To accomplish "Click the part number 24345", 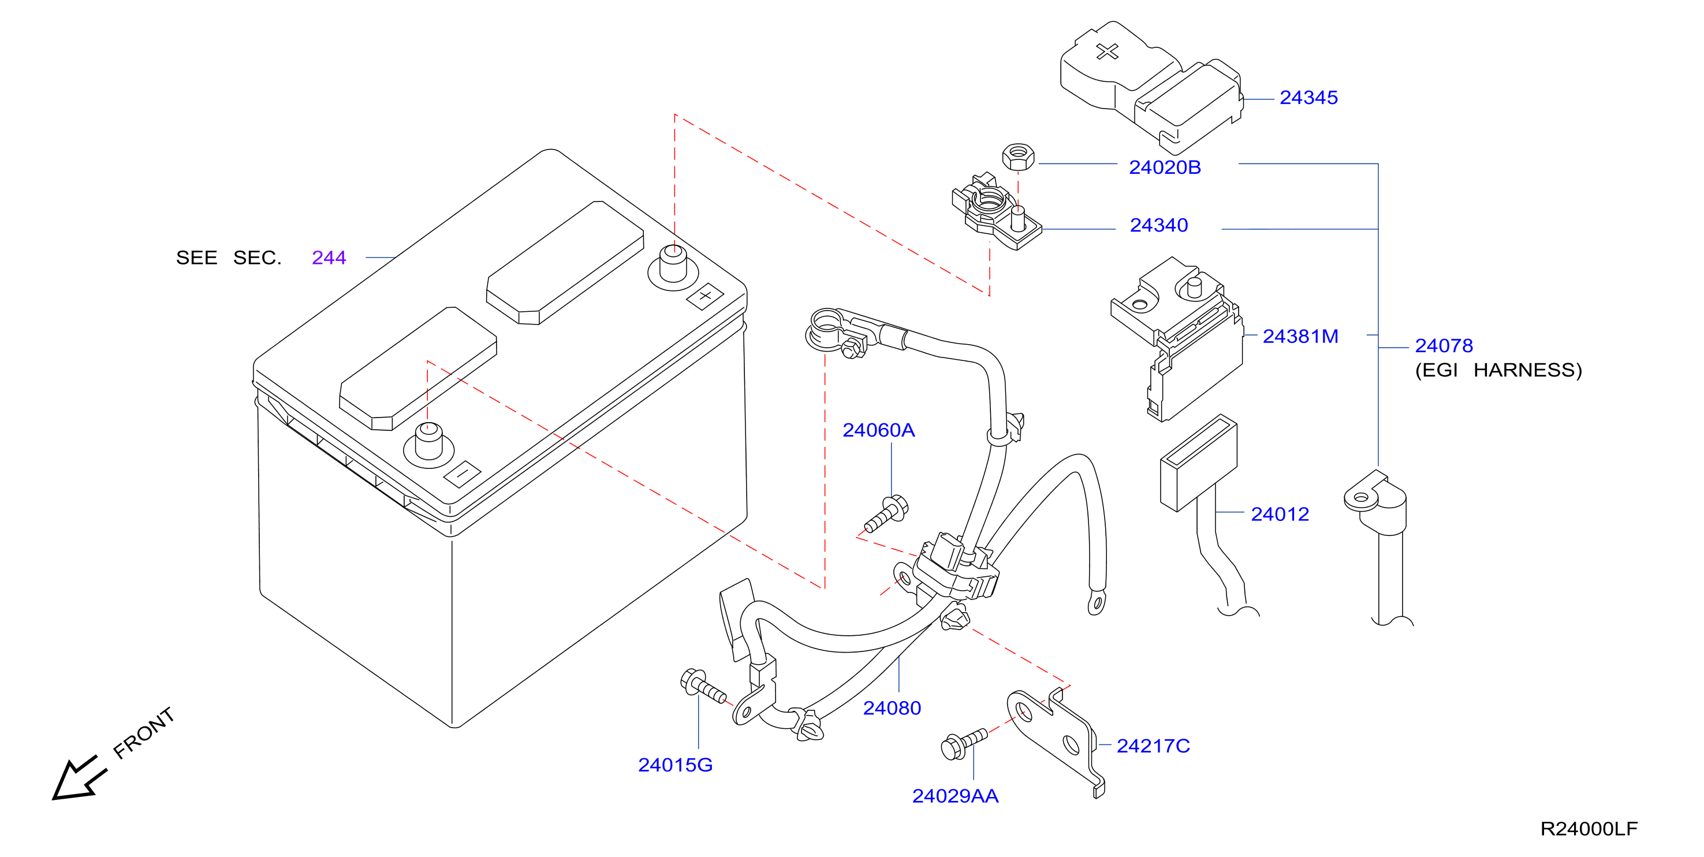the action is [1308, 98].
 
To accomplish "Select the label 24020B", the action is [1164, 167].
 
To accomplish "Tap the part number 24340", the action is [1158, 226].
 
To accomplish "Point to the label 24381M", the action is [1300, 336].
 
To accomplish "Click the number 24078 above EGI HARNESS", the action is [1444, 345].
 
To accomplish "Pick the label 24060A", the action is [878, 430].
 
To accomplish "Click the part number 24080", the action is [892, 708].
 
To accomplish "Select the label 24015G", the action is [674, 765].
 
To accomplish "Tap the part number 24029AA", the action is [954, 796].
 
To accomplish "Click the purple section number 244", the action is [329, 258].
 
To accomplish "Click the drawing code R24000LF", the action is [1589, 829].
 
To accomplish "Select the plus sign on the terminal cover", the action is [1108, 51].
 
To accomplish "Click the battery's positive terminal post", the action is [673, 264].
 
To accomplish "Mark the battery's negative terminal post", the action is [428, 441].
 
